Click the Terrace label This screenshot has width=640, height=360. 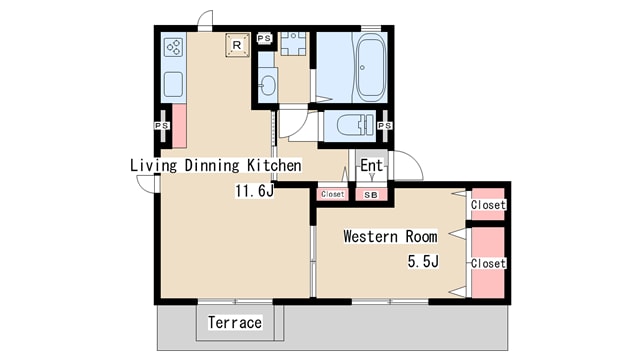(x=235, y=322)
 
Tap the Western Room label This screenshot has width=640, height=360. (x=390, y=236)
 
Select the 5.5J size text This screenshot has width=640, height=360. (x=423, y=261)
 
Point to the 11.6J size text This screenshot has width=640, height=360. (x=254, y=191)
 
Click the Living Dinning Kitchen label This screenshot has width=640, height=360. (x=216, y=165)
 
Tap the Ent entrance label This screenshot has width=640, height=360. (x=371, y=165)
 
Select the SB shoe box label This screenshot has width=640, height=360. (x=371, y=195)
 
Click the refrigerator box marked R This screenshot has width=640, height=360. (x=237, y=45)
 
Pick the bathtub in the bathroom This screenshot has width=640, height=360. (x=371, y=68)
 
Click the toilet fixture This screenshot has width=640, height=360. (x=356, y=124)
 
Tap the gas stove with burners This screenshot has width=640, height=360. (x=173, y=47)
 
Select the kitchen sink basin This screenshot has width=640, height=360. (x=173, y=84)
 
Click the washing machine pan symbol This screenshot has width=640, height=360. (x=293, y=44)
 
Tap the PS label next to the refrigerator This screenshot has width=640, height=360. (x=264, y=38)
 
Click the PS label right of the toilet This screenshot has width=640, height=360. (x=385, y=126)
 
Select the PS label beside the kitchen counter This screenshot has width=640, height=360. (x=162, y=126)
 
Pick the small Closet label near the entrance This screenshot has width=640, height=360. (x=333, y=194)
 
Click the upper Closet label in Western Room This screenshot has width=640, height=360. (x=488, y=204)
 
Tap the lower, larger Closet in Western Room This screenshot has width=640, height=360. (x=488, y=262)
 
